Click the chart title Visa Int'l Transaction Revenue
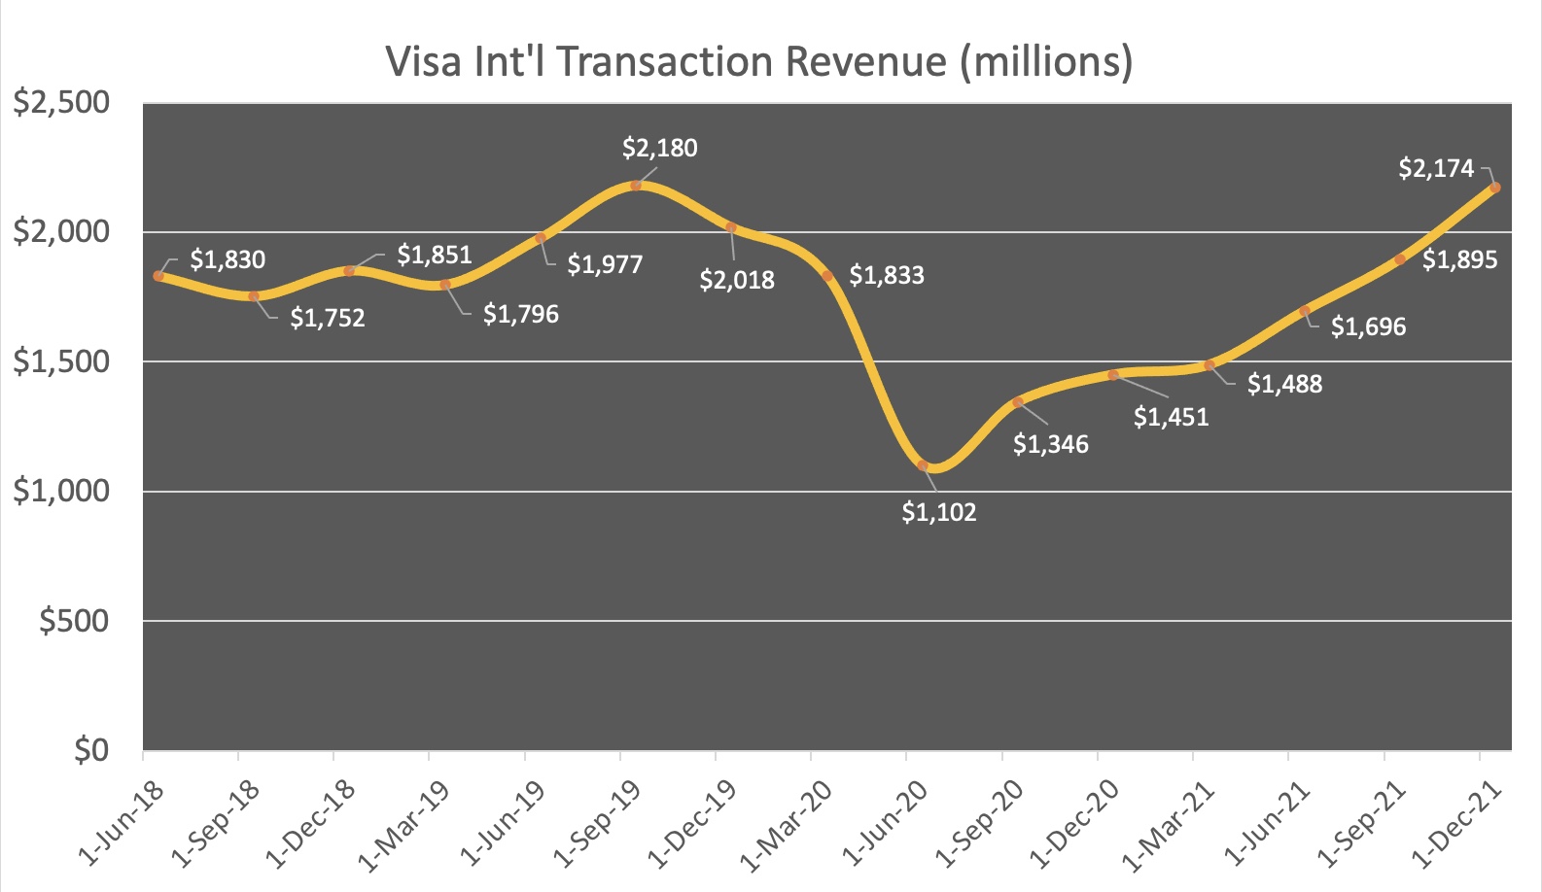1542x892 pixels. [759, 61]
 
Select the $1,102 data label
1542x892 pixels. [938, 512]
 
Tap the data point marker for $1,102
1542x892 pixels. [923, 465]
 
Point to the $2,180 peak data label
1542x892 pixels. [659, 148]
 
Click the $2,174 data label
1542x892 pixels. [1436, 168]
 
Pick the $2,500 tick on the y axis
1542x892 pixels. [60, 102]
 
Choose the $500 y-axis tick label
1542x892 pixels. [74, 621]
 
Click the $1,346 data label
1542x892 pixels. [1050, 444]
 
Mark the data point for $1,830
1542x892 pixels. [158, 276]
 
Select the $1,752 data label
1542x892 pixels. [327, 318]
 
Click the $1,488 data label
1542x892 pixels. [1284, 384]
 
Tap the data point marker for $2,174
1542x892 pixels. [1494, 188]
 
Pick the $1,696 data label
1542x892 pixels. [1368, 326]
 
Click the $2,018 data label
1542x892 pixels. [737, 280]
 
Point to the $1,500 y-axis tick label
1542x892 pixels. [60, 361]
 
